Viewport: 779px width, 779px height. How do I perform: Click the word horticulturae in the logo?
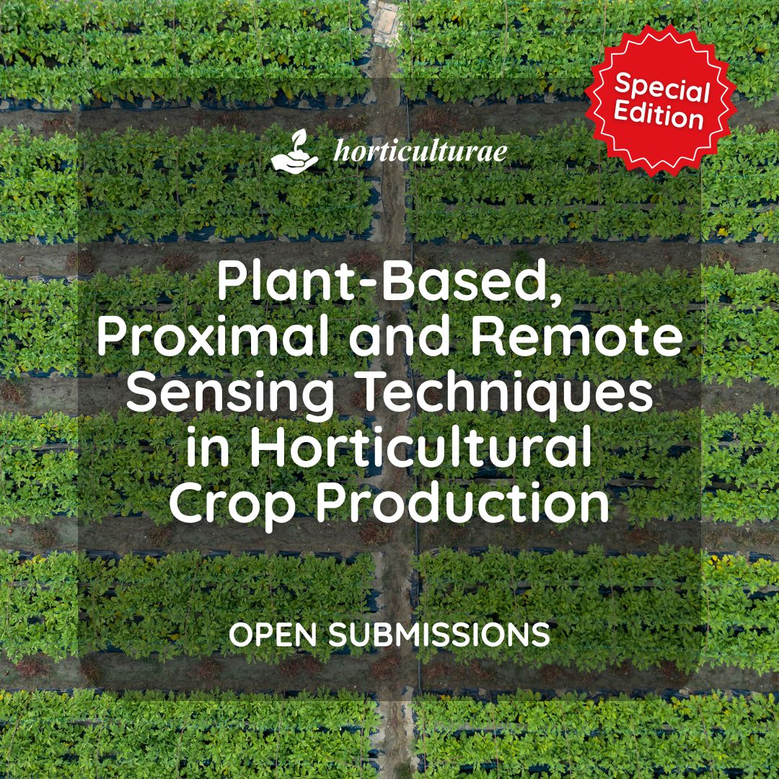pyautogui.click(x=421, y=151)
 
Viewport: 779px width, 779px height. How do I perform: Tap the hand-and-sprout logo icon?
pyautogui.click(x=294, y=151)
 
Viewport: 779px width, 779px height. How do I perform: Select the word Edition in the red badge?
pyautogui.click(x=659, y=115)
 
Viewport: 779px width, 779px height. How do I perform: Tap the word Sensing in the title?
pyautogui.click(x=230, y=395)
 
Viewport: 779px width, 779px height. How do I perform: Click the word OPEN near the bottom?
pyautogui.click(x=273, y=635)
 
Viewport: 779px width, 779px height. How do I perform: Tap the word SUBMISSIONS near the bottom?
pyautogui.click(x=439, y=635)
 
